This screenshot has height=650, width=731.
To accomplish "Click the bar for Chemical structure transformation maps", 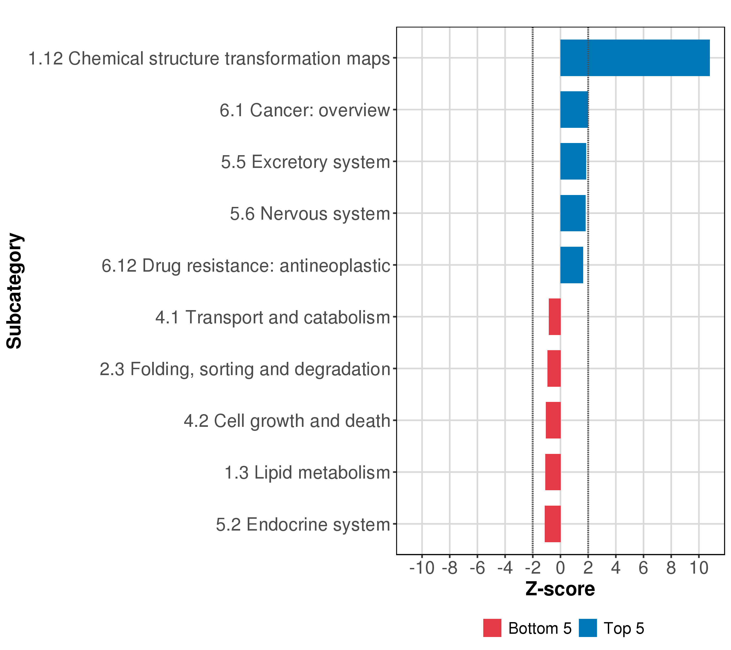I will pos(635,58).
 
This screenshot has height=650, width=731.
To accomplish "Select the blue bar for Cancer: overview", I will pos(574,109).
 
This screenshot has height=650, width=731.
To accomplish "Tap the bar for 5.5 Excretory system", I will pos(573,161).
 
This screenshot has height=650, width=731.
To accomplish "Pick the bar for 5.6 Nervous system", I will pos(573,213).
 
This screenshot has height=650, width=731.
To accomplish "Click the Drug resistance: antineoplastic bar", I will pos(572,265).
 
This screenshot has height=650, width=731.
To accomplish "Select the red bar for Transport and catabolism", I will pos(555,317).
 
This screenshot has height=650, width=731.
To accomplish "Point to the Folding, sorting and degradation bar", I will pos(554,368).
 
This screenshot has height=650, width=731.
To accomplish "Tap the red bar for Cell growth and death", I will pos(553,420).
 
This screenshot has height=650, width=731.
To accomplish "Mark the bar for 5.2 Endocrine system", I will pos(553,524).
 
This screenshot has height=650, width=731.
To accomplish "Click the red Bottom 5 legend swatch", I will pos(492,628).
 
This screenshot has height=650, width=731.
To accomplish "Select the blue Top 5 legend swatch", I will pos(588,628).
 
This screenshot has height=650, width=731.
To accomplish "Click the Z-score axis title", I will pos(560,589).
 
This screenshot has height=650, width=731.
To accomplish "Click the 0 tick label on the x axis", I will pos(560,568).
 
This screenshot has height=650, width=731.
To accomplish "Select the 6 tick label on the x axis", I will pos(643,568).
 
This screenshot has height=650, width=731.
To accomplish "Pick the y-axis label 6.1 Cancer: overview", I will pos(304,110).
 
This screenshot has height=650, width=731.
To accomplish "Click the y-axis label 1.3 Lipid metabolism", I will pos(307,473).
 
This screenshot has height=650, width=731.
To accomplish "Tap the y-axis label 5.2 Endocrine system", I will pos(303,524).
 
